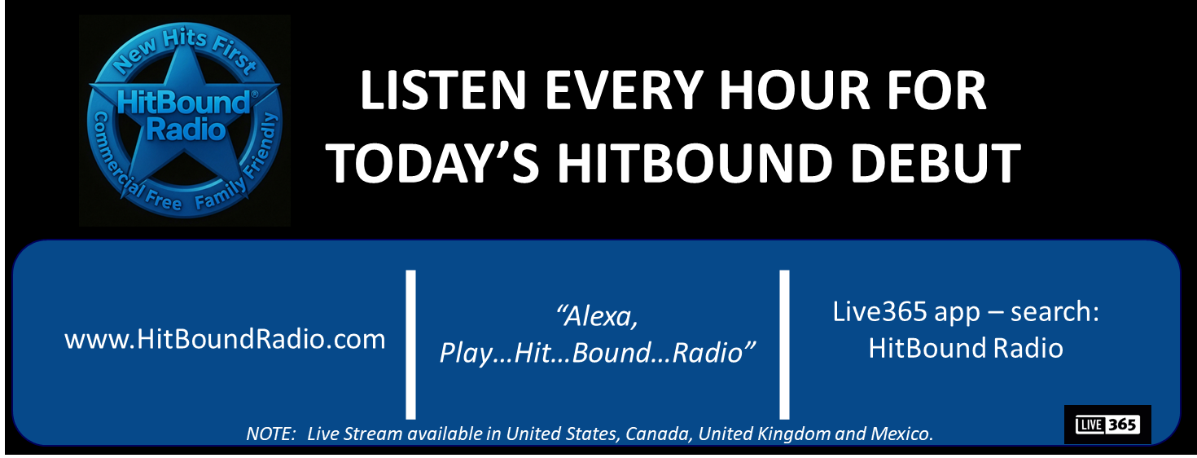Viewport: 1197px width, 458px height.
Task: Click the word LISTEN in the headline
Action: pyautogui.click(x=444, y=90)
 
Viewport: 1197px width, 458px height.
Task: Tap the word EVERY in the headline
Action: pyautogui.click(x=623, y=90)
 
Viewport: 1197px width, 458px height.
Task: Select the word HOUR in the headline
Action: pyautogui.click(x=795, y=90)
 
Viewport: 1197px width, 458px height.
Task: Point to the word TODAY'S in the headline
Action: pyautogui.click(x=433, y=162)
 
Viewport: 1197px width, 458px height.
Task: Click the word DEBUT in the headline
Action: pyautogui.click(x=935, y=162)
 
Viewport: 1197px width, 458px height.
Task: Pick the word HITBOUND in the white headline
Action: pyautogui.click(x=694, y=162)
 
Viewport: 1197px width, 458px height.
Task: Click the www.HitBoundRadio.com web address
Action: pyautogui.click(x=225, y=339)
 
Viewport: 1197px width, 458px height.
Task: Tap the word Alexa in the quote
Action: pyautogui.click(x=598, y=315)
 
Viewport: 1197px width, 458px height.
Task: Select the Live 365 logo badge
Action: pyautogui.click(x=1107, y=425)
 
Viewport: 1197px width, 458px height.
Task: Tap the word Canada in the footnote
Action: pyautogui.click(x=658, y=434)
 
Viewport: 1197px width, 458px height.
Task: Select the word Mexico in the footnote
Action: pyautogui.click(x=901, y=434)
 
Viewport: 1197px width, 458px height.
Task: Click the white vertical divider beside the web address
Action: pyautogui.click(x=410, y=345)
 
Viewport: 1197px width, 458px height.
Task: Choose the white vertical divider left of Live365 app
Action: pyautogui.click(x=784, y=345)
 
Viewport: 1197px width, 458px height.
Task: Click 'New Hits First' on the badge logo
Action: pyautogui.click(x=184, y=51)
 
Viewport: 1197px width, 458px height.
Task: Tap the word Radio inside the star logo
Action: pyautogui.click(x=186, y=130)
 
